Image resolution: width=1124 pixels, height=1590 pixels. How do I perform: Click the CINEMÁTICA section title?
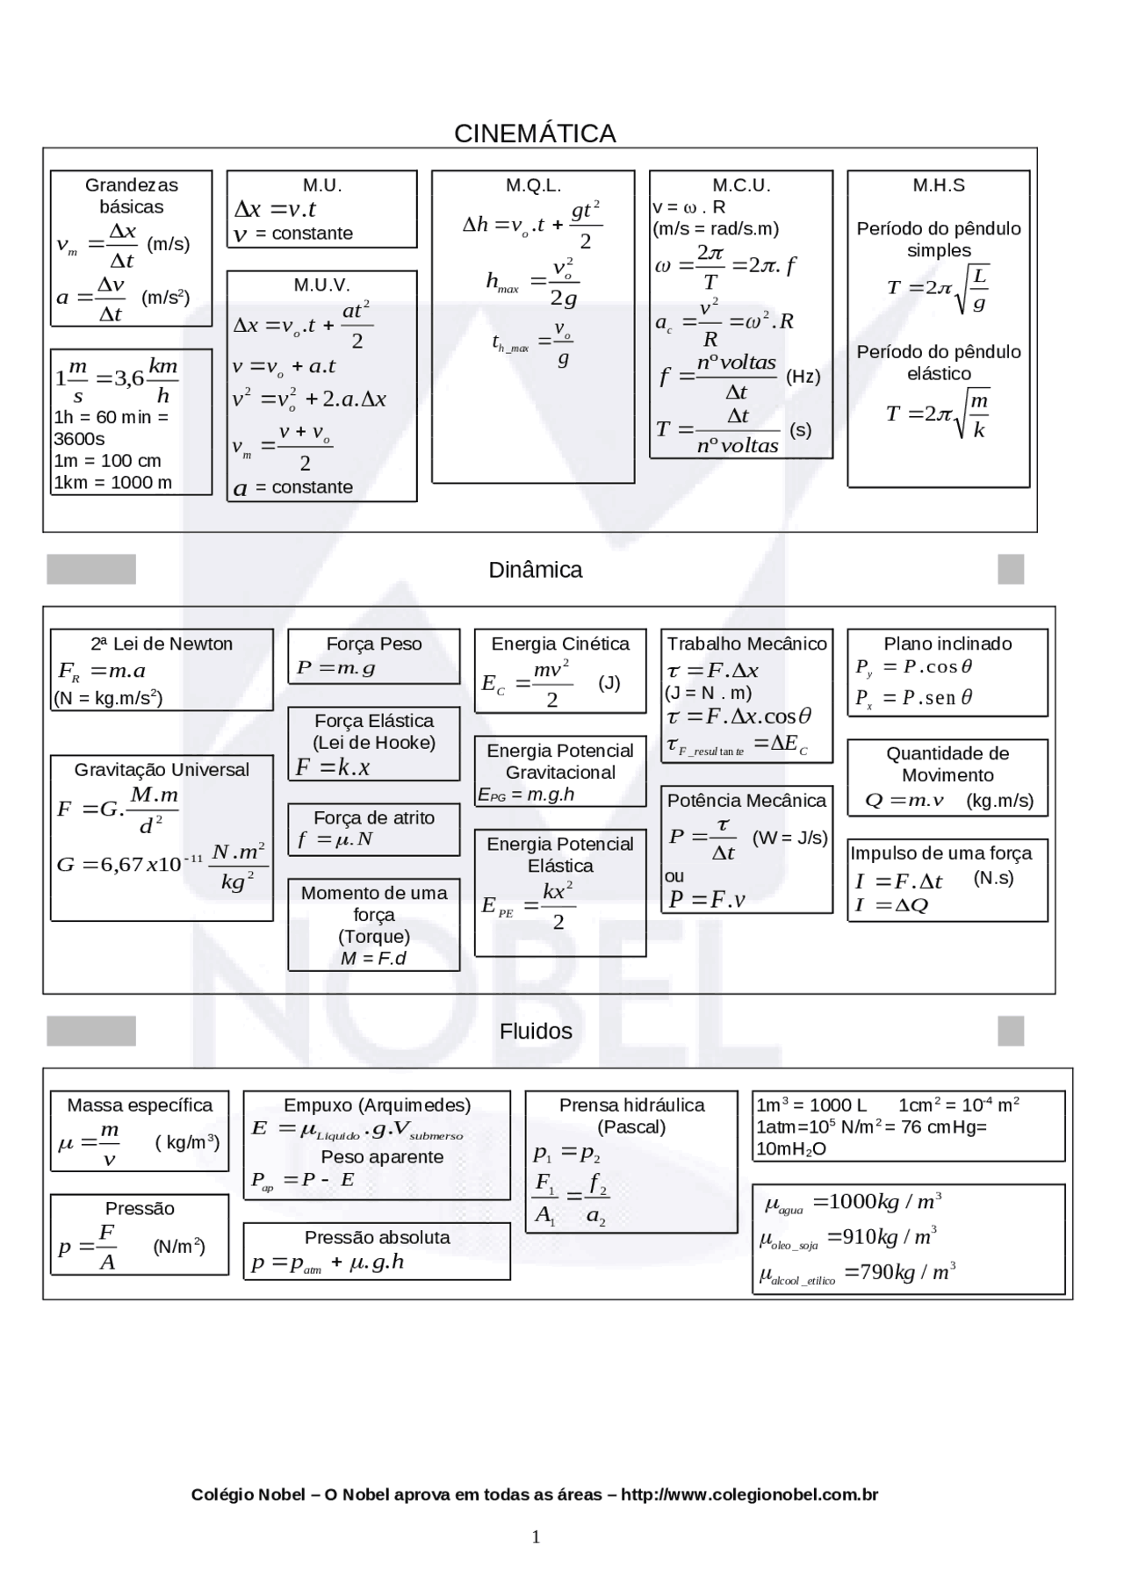click(x=535, y=133)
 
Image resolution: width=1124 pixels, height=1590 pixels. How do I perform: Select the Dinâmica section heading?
click(x=536, y=570)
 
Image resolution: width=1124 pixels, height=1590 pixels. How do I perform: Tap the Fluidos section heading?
click(x=536, y=1032)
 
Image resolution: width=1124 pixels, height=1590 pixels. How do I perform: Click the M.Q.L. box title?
click(x=533, y=185)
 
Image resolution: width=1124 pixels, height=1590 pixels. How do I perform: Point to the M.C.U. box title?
click(x=741, y=185)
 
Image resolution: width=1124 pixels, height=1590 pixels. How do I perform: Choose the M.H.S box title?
click(x=939, y=185)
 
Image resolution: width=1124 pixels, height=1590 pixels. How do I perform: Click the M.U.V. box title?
click(x=322, y=285)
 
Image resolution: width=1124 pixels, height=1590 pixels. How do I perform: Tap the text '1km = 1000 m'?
click(x=113, y=482)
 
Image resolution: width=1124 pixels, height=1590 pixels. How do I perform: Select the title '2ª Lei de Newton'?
click(x=162, y=644)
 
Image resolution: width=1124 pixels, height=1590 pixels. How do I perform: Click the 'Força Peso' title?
click(x=374, y=644)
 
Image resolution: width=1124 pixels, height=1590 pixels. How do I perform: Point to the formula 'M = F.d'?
click(x=374, y=958)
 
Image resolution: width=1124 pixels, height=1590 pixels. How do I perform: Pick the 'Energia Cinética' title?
click(x=560, y=644)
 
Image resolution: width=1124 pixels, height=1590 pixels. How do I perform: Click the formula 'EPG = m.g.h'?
click(x=526, y=795)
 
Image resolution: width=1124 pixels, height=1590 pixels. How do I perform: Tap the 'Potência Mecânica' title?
click(x=746, y=801)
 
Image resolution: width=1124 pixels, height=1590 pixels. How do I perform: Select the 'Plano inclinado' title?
click(x=947, y=644)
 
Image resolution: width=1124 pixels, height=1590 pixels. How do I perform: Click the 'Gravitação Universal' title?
click(x=162, y=769)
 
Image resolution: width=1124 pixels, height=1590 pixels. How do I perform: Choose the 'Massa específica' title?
click(x=140, y=1105)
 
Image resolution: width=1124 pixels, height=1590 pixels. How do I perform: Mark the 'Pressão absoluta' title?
click(x=377, y=1237)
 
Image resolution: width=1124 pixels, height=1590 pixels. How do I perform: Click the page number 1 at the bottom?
click(x=536, y=1536)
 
